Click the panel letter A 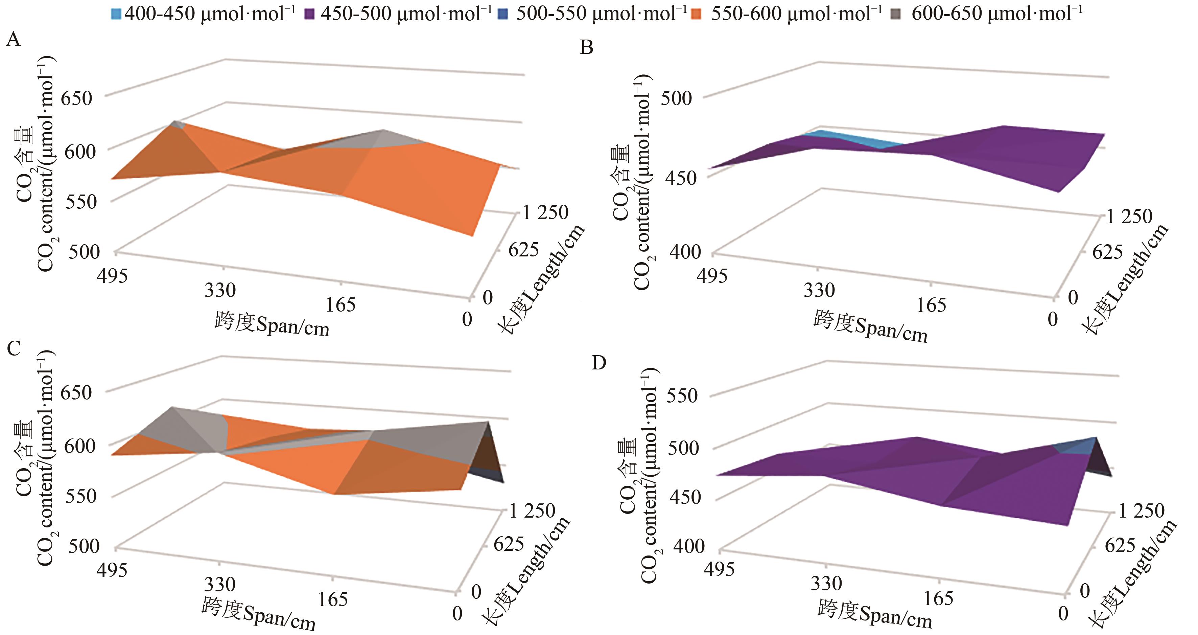(x=13, y=40)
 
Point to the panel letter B (x=587, y=47)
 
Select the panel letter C (x=14, y=347)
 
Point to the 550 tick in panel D (x=682, y=396)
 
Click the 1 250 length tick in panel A (x=545, y=212)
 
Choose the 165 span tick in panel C (x=333, y=599)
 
